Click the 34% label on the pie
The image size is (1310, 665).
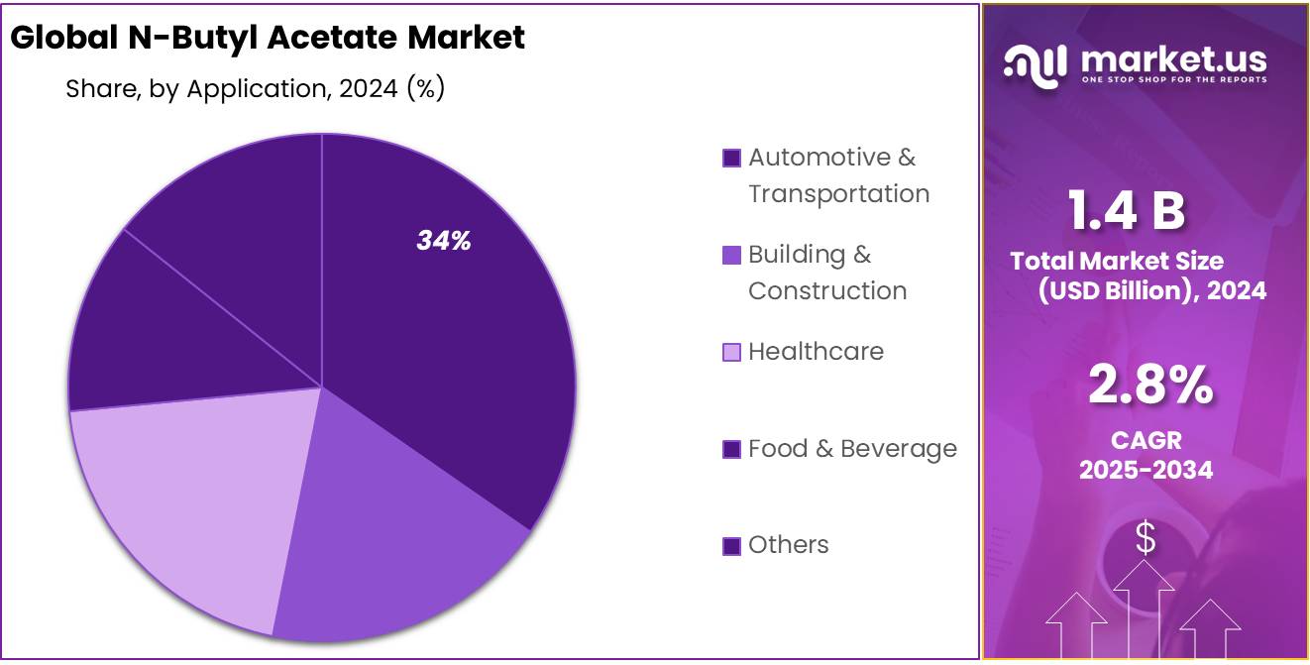click(443, 241)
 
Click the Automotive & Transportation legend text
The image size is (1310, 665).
click(838, 175)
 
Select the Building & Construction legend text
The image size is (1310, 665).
click(826, 273)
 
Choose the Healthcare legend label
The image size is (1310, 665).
click(816, 351)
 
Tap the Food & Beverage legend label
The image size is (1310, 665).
click(852, 448)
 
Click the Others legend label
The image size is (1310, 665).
click(788, 544)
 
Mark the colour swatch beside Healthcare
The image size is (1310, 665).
click(731, 352)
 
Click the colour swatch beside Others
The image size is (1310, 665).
click(731, 545)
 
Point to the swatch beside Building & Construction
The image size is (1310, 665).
click(731, 255)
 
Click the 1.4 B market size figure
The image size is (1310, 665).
click(1127, 210)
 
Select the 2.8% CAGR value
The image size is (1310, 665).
click(1149, 385)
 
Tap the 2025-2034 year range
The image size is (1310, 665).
click(1146, 470)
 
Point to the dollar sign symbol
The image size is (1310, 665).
click(1146, 538)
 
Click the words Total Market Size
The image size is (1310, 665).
click(1117, 261)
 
